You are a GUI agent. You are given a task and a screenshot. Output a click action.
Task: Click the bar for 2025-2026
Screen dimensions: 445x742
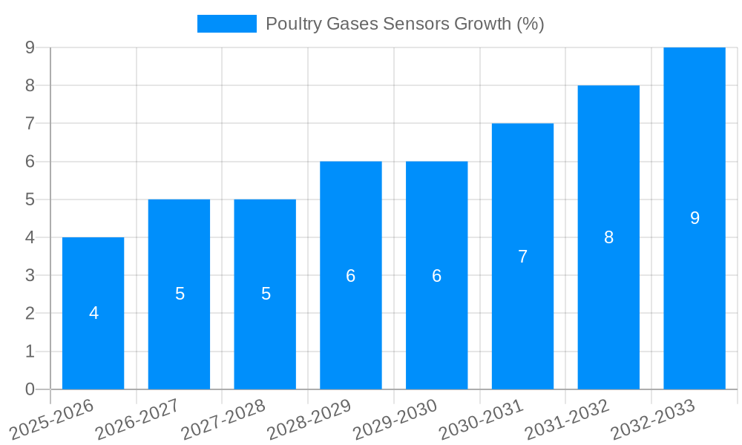(93, 341)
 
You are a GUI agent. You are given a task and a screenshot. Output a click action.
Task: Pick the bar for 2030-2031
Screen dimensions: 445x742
(522, 311)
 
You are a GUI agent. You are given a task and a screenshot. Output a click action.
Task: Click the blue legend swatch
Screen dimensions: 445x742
(226, 24)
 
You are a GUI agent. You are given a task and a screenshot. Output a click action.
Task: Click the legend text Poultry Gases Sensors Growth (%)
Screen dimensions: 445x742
(404, 24)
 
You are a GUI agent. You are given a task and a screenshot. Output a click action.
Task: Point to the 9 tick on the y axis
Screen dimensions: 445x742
(30, 47)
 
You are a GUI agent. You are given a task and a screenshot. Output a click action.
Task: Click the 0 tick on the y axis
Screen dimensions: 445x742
(30, 389)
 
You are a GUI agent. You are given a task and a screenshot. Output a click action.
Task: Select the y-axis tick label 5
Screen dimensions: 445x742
(30, 200)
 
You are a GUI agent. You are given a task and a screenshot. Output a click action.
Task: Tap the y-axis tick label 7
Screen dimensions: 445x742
(30, 124)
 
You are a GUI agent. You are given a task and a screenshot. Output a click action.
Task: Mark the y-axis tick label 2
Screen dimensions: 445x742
(30, 314)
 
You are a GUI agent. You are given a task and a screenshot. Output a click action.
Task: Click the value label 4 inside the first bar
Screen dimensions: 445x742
(93, 313)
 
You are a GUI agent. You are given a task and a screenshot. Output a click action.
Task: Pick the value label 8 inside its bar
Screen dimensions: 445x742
(608, 237)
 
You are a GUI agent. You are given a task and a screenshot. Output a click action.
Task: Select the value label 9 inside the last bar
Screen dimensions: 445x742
(695, 218)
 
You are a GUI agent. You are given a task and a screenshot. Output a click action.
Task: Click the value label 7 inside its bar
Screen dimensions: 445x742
(522, 257)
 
